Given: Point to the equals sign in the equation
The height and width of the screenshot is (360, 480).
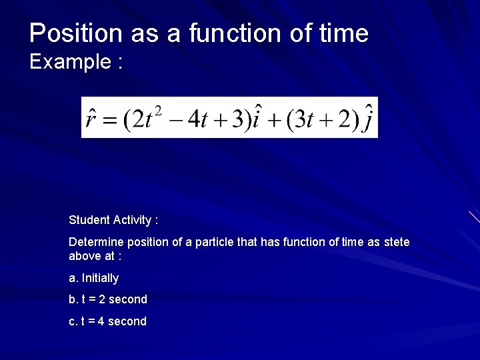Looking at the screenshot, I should [111, 121].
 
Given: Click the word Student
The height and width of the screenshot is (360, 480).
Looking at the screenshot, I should [89, 220].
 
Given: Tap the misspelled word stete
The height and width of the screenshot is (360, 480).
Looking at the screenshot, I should [395, 241].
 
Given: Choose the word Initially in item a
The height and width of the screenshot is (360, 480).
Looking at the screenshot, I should [100, 278].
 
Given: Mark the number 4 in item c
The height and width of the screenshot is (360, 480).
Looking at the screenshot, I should [100, 321].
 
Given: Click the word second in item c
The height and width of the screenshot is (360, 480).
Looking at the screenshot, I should [127, 321].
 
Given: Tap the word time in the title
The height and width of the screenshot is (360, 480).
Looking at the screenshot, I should [342, 33].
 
